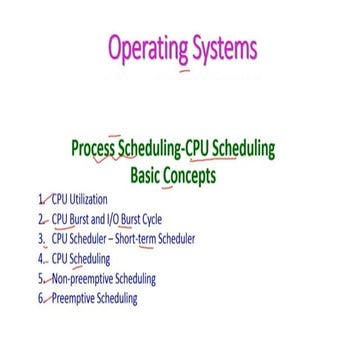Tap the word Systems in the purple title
click(222, 49)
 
